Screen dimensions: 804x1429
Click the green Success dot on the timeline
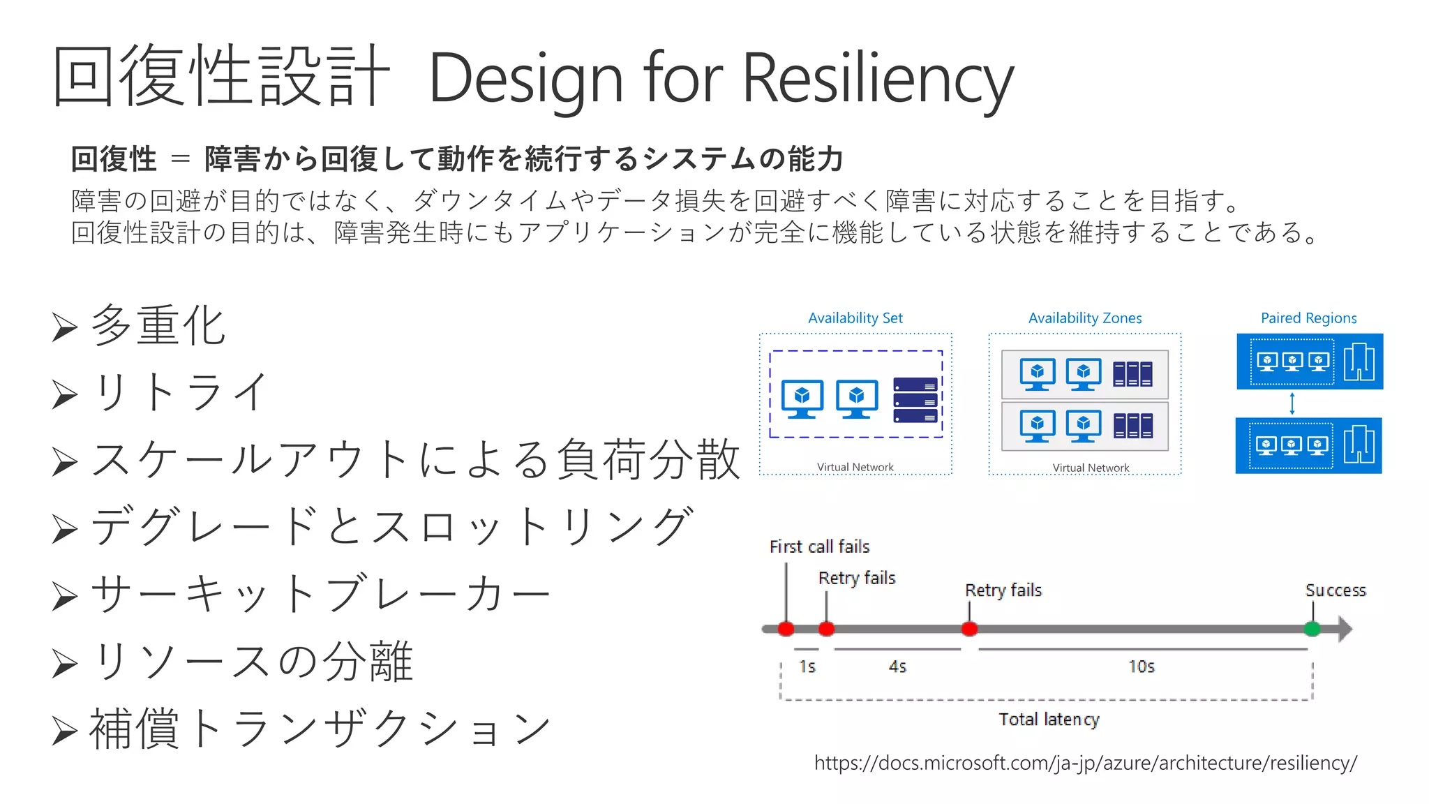[1312, 629]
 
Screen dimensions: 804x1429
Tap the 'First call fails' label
[819, 546]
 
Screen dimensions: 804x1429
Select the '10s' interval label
[1142, 667]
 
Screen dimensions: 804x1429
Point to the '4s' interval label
[897, 667]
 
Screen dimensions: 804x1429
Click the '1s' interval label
[807, 667]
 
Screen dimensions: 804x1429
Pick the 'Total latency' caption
[1049, 719]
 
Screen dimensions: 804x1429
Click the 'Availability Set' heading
[855, 318]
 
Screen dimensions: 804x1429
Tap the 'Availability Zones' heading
[1085, 318]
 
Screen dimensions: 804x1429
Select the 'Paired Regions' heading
[1308, 318]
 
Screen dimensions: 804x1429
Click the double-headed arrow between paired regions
[1292, 403]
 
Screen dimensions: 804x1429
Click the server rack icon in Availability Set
[915, 400]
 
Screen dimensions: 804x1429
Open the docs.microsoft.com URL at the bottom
[1085, 763]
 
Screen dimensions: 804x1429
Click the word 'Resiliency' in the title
[877, 78]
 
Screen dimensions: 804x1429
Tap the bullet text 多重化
[158, 325]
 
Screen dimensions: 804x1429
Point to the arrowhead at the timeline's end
[1345, 629]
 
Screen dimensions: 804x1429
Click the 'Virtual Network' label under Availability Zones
[1091, 468]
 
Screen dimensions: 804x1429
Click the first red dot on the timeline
[786, 629]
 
